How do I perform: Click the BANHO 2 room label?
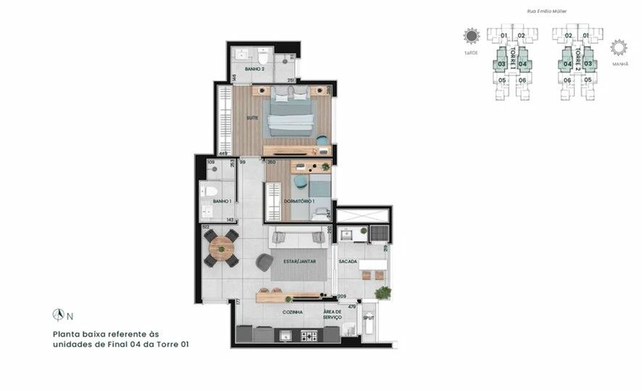253,69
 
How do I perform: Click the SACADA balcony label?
348,261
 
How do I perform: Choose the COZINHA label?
292,311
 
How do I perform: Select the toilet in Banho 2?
262,53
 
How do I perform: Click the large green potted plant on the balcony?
382,292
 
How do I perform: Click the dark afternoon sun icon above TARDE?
471,36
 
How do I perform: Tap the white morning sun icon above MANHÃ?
618,47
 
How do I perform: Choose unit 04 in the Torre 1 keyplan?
523,63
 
